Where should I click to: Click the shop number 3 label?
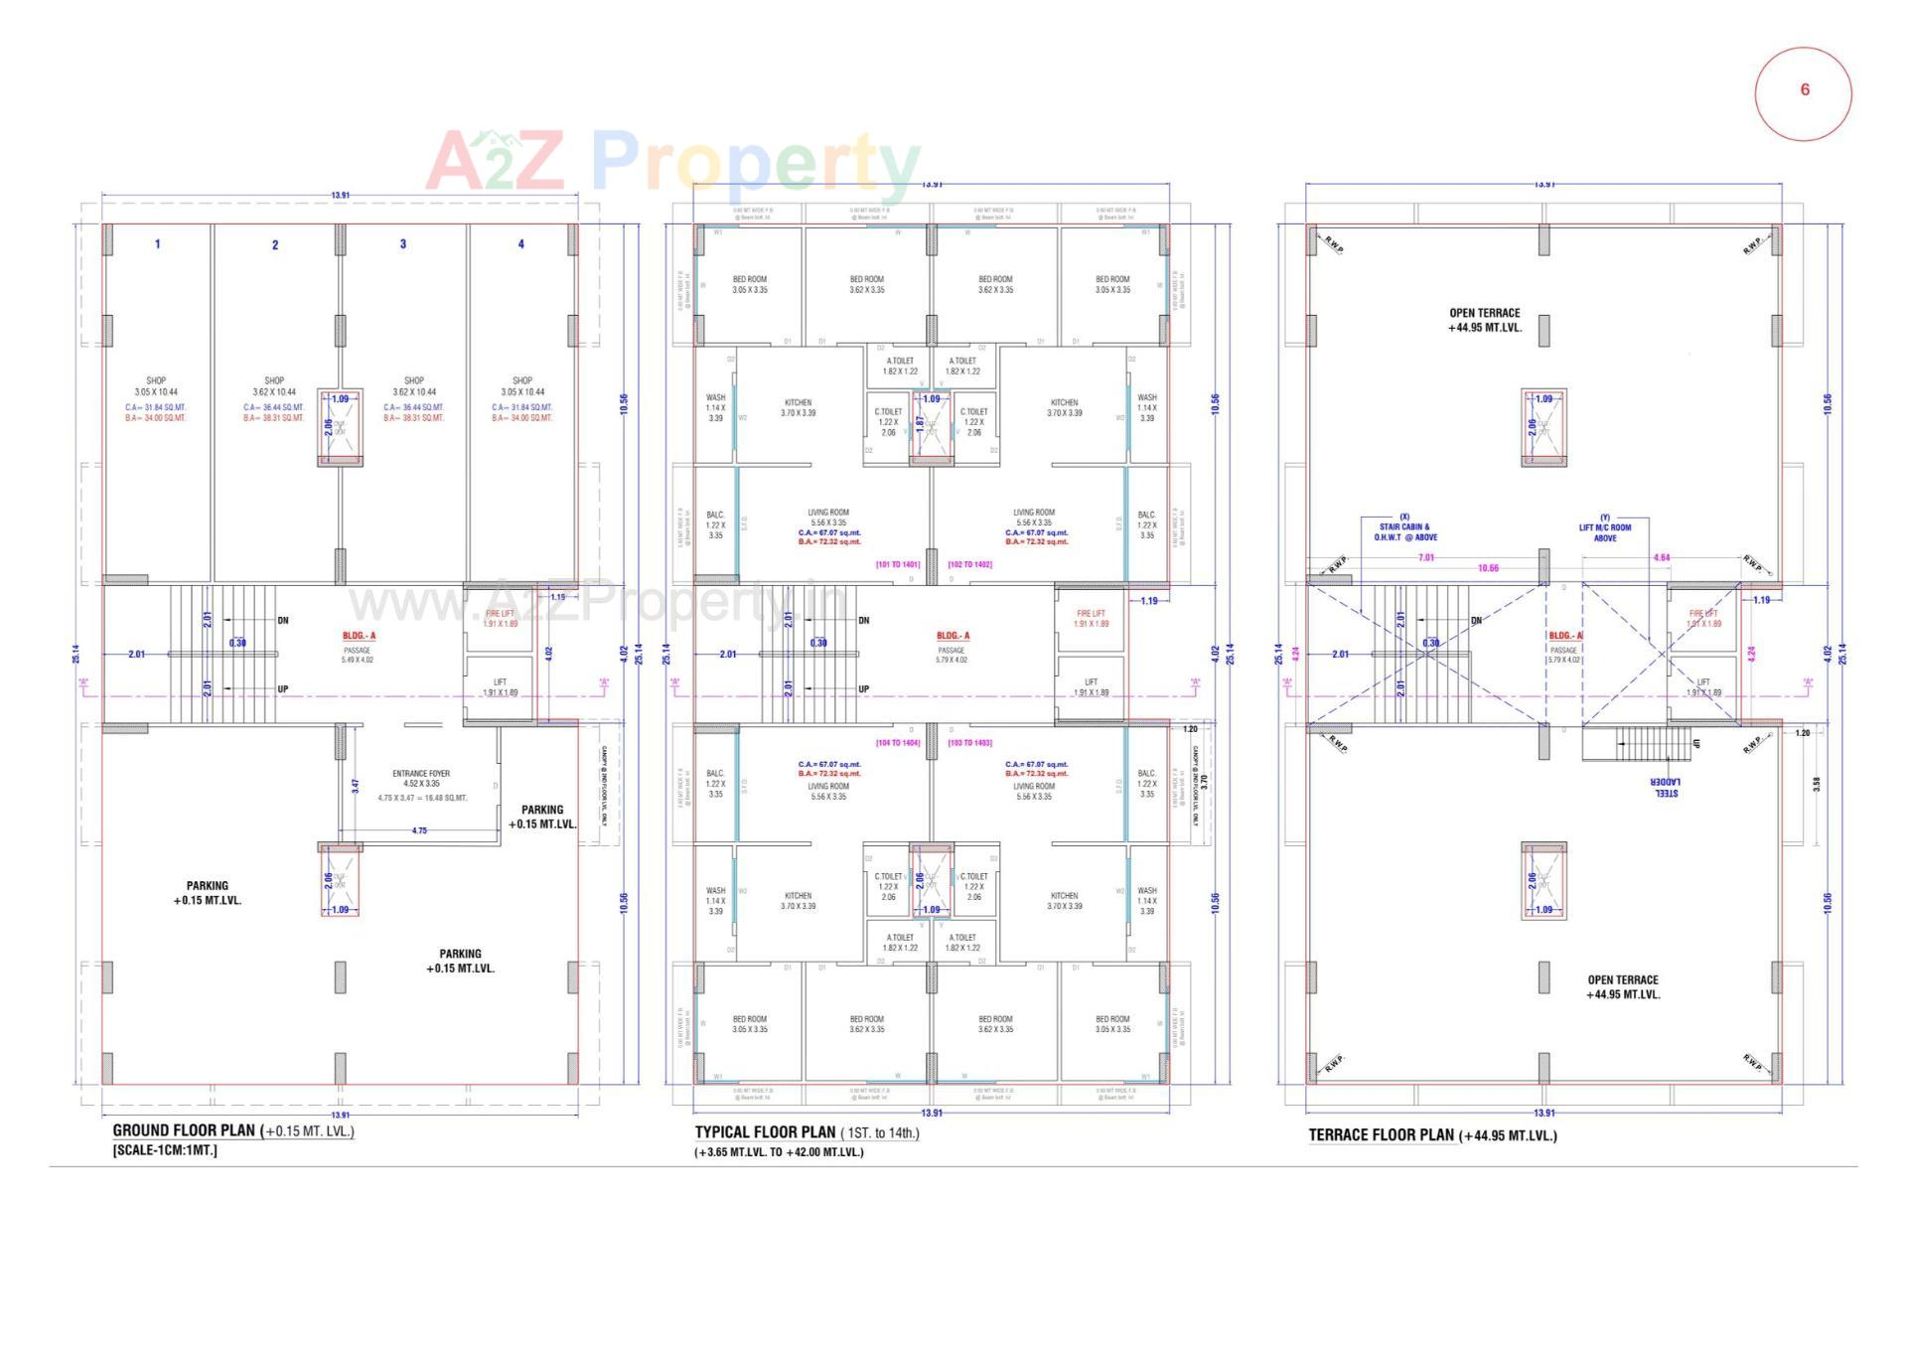(402, 244)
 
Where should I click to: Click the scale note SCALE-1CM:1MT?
(165, 1150)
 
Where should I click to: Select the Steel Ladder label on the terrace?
(1665, 788)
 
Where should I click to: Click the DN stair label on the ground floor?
(283, 621)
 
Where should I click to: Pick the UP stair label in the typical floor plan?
(863, 688)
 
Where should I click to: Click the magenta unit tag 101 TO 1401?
(897, 564)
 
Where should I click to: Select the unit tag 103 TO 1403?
(969, 743)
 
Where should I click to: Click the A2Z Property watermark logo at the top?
(672, 164)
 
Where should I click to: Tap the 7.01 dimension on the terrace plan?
(1426, 558)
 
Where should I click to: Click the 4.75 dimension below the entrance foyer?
(419, 830)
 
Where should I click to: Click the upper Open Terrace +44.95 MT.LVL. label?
(1484, 320)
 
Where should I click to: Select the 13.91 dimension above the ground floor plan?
(340, 196)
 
